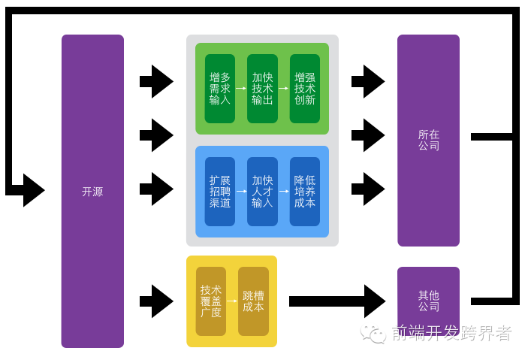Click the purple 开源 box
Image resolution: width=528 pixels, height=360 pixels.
pos(92,191)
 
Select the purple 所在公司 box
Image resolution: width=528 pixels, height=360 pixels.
pos(428,140)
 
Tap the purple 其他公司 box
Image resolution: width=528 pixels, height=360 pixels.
pos(428,301)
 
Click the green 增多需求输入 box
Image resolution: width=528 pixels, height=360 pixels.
pos(219,89)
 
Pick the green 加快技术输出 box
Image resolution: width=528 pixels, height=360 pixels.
pos(262,89)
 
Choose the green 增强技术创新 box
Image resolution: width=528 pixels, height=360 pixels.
pos(304,89)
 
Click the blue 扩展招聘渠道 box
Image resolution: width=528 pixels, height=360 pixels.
pos(219,192)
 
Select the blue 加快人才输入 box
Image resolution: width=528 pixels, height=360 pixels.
pos(262,192)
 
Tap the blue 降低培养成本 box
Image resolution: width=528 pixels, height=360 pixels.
pos(304,192)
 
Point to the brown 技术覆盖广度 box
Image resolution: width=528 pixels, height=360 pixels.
pos(210,301)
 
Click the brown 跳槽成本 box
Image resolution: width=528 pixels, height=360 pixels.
pos(253,301)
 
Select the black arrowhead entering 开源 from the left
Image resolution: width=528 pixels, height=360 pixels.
pos(33,190)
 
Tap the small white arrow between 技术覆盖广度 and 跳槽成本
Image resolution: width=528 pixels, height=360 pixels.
pos(232,301)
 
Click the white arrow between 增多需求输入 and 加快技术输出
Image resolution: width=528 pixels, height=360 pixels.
pos(241,89)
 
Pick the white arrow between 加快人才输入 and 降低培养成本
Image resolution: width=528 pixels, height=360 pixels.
pos(283,192)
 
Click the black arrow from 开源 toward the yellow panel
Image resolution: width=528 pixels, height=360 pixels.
pos(157,301)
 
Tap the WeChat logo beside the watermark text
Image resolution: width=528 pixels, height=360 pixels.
pos(373,333)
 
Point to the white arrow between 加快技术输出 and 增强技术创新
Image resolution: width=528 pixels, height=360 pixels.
pos(283,89)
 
